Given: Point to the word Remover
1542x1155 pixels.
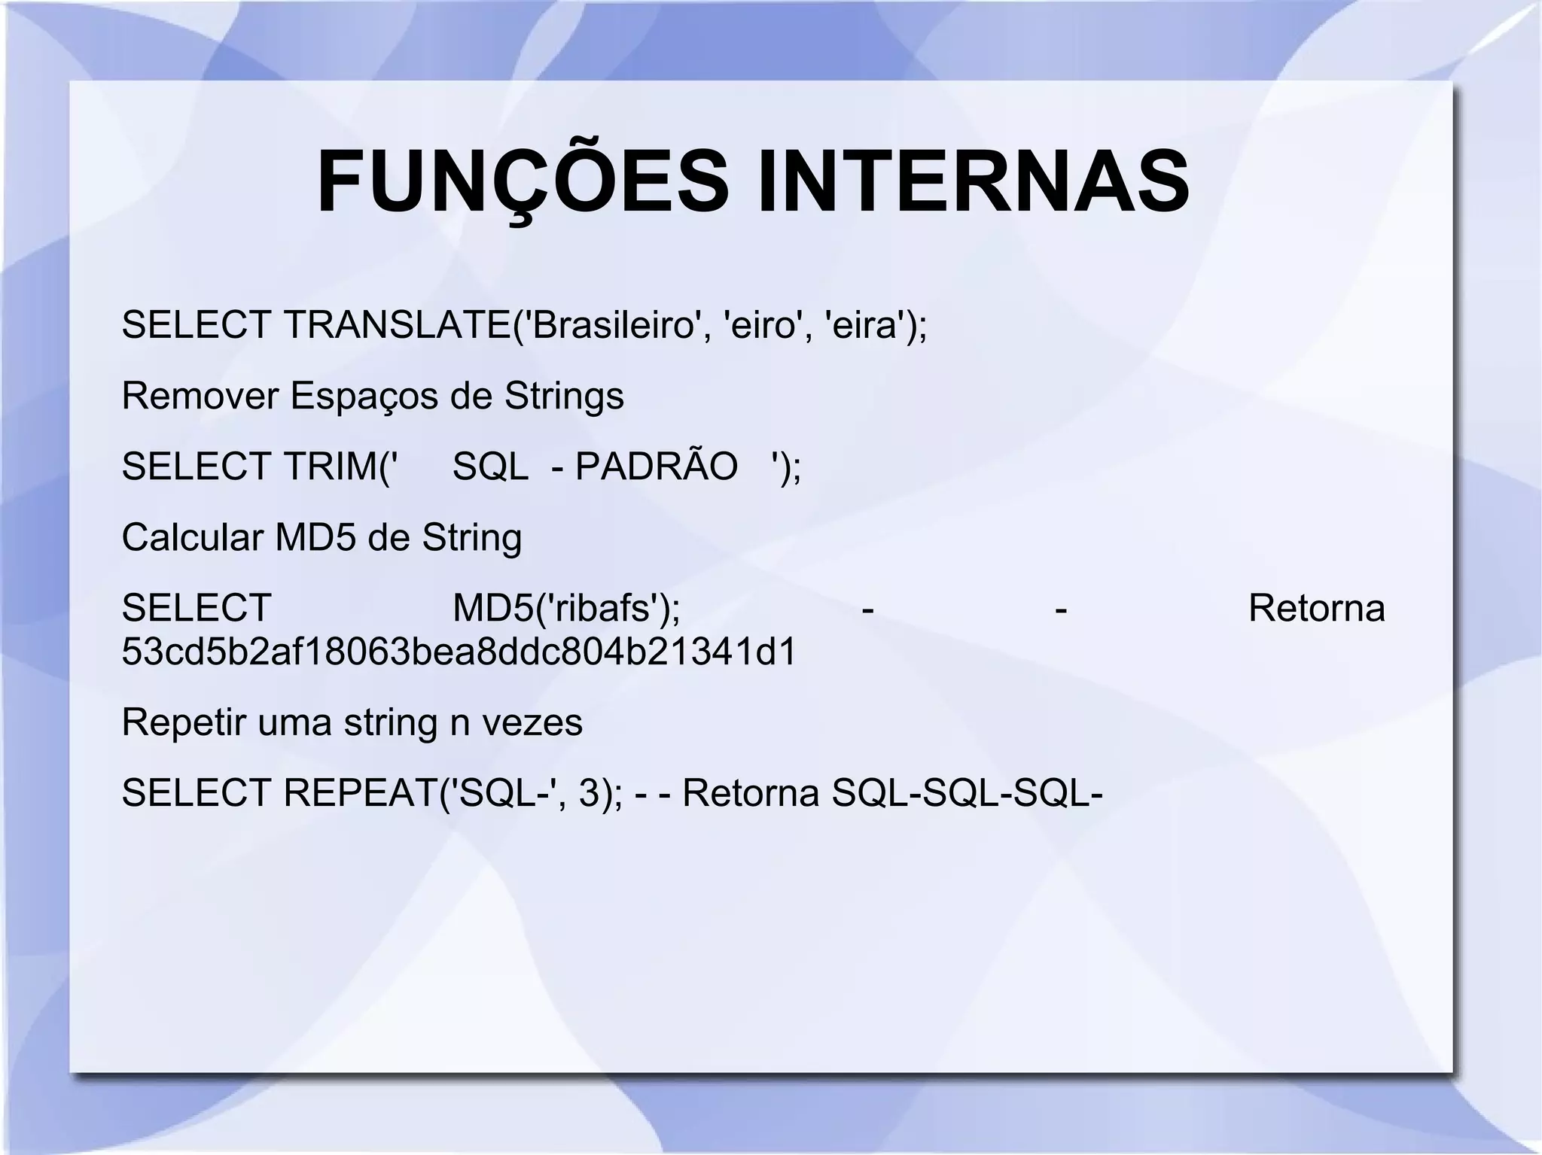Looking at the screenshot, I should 200,396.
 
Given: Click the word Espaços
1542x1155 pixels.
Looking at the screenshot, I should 364,396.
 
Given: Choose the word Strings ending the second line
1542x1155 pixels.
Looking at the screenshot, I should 564,396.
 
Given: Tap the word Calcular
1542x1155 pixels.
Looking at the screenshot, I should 191,537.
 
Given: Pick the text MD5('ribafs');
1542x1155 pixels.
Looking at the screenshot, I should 566,609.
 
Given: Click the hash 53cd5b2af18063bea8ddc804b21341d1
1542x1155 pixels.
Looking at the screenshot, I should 459,652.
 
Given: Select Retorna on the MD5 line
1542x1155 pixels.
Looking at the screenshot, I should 1316,609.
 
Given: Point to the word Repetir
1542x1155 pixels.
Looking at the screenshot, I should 183,722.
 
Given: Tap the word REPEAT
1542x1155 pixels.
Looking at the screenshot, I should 360,793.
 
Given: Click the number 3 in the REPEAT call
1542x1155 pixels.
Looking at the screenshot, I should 590,793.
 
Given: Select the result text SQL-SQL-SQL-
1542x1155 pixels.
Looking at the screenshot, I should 967,793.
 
